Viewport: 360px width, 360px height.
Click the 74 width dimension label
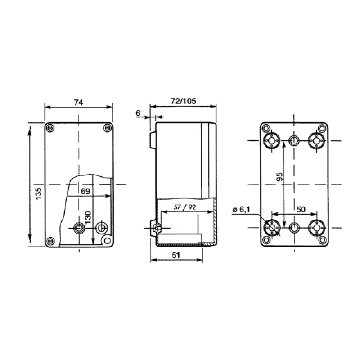(78, 103)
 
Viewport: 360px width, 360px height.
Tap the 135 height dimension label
(39, 193)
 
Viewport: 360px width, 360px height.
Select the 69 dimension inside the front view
(85, 191)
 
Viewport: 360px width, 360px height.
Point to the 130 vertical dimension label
(88, 218)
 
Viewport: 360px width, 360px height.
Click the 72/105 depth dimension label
(183, 101)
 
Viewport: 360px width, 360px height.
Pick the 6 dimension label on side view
(138, 113)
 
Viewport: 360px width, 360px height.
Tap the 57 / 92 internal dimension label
(184, 207)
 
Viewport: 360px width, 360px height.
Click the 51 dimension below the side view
(176, 255)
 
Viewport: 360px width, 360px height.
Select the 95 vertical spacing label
(280, 177)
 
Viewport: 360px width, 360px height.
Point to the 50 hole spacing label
(301, 209)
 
